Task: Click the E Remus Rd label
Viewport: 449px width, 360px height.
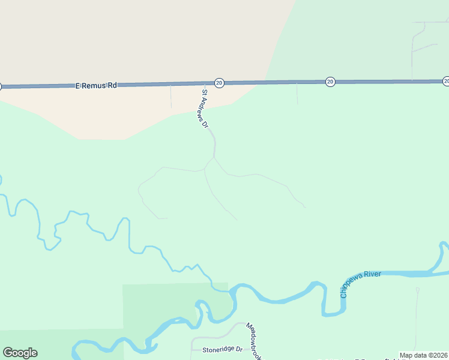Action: coord(96,86)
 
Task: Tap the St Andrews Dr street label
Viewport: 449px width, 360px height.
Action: coord(205,109)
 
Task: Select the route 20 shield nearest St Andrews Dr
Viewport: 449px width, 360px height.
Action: coord(219,83)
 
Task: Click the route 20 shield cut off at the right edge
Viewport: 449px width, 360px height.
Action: coord(446,81)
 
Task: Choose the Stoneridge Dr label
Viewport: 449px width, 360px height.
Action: coord(221,349)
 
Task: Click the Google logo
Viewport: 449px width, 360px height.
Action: coord(20,353)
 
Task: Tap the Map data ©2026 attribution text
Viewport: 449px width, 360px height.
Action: coord(423,355)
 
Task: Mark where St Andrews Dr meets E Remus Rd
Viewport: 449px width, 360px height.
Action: coord(202,83)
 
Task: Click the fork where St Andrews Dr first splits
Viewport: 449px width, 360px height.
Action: coord(214,158)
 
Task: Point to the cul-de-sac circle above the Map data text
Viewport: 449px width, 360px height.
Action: coord(417,290)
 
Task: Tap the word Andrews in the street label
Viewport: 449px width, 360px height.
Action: coord(204,107)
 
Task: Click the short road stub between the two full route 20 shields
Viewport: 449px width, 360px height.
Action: coord(297,93)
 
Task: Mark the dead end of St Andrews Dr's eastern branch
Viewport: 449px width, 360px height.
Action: coord(305,207)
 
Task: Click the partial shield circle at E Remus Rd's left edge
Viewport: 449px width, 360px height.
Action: coord(1,87)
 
